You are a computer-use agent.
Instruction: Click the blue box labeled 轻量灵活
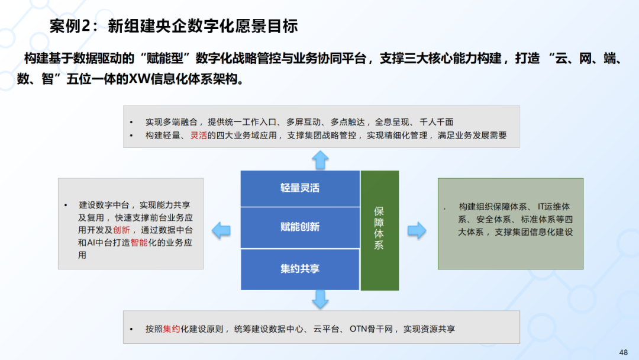300,188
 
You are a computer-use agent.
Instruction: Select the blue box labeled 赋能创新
300,227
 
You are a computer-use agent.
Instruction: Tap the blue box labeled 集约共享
300,269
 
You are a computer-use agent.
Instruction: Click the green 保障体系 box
379,230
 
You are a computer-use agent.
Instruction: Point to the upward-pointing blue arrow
320,159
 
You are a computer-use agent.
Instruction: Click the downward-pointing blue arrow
320,299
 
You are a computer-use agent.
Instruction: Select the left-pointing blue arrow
221,230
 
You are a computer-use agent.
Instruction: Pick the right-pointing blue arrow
417,230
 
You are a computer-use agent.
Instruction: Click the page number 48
624,352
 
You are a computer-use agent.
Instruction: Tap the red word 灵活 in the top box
198,136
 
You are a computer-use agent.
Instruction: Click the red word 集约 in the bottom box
172,329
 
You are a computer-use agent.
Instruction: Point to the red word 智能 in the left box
140,243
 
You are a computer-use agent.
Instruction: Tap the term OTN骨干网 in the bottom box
372,329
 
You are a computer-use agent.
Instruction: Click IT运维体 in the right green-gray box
553,207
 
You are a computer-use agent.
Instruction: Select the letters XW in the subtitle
140,79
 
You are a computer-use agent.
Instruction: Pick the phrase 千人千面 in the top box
436,122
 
